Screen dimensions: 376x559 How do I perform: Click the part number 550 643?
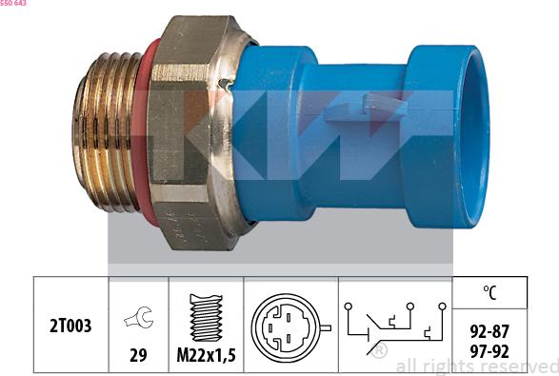[13, 4]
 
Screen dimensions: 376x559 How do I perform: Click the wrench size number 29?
[139, 357]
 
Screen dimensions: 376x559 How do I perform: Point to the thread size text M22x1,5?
[207, 357]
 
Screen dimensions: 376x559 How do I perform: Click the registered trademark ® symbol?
[381, 352]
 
